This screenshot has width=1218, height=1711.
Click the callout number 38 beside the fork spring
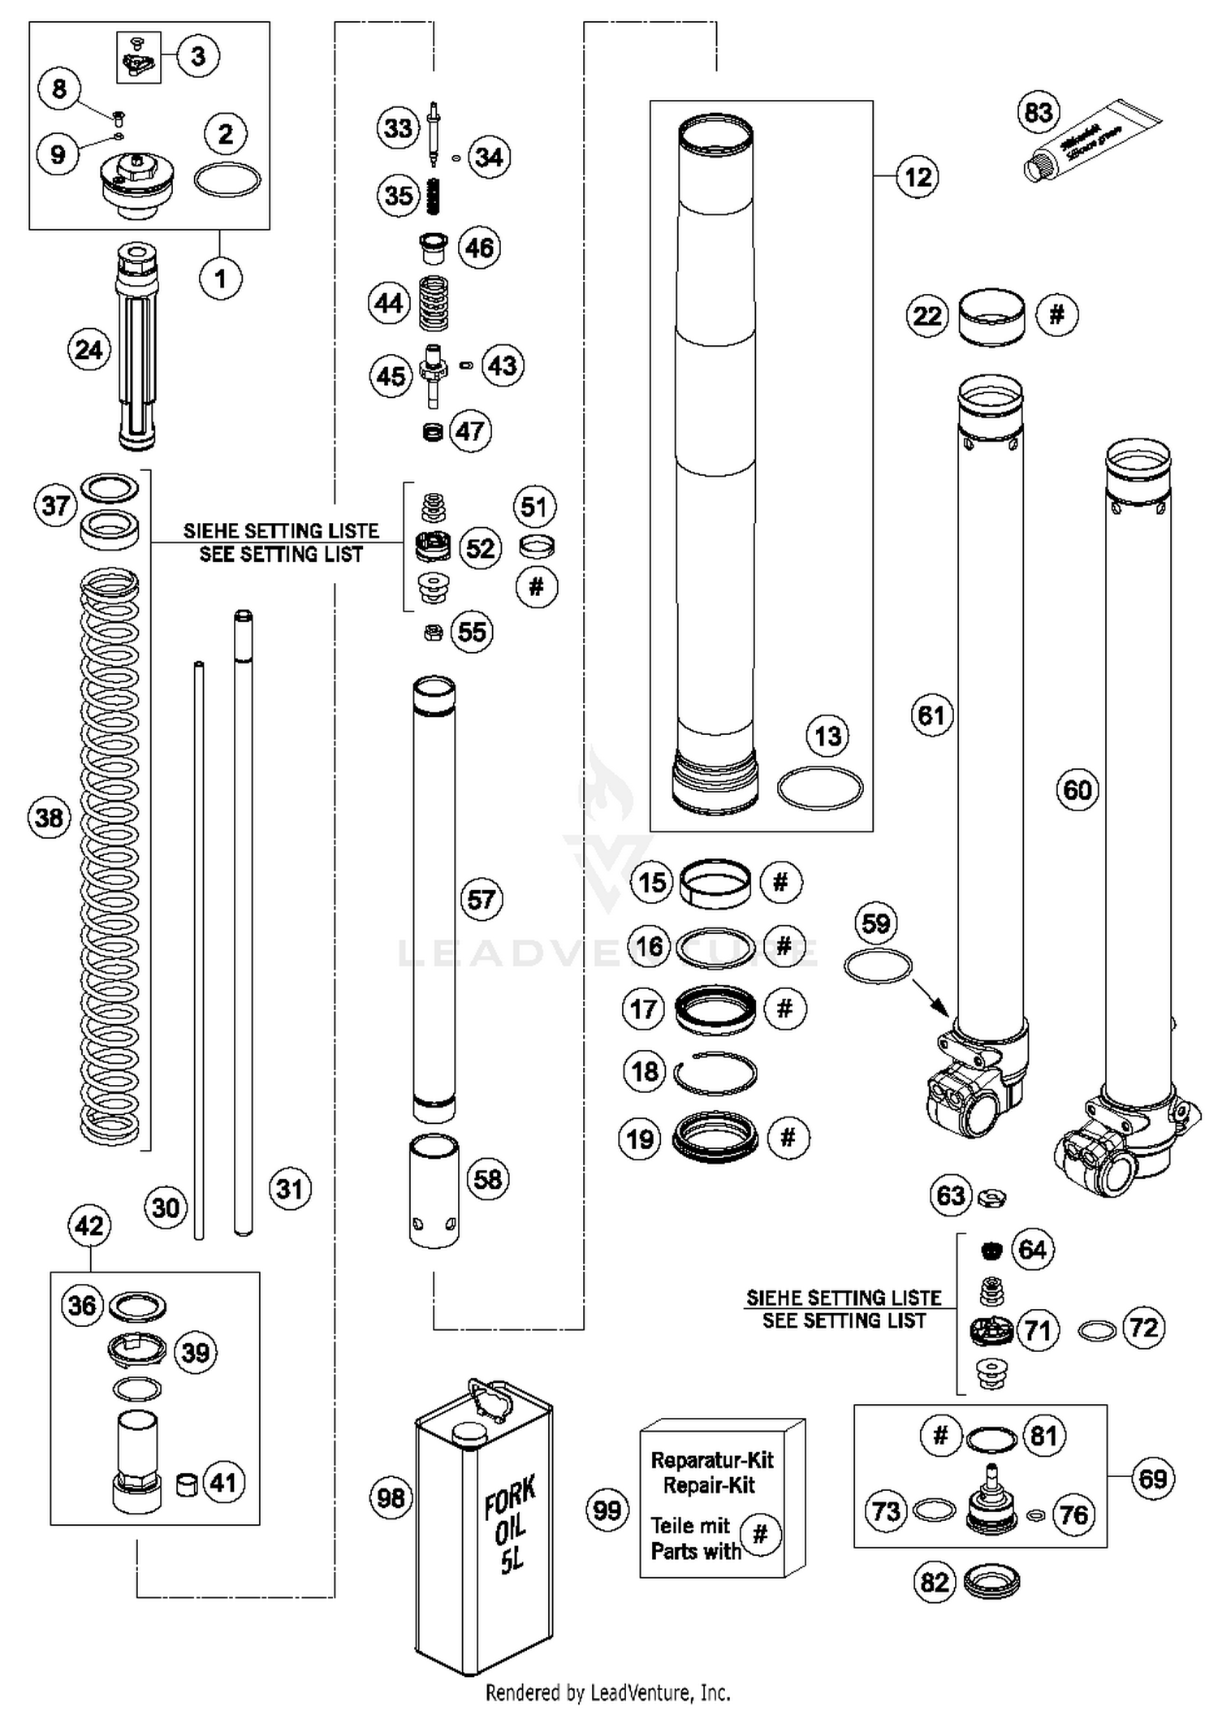(49, 817)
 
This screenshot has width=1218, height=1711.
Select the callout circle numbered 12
(918, 176)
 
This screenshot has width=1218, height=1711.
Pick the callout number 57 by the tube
(482, 899)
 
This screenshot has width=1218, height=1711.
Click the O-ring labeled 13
(820, 787)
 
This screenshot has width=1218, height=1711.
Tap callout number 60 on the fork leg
(1078, 789)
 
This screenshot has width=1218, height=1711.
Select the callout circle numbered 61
(931, 715)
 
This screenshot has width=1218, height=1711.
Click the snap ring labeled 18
(715, 1073)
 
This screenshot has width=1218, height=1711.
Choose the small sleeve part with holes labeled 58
(434, 1190)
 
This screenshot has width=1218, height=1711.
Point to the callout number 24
(89, 350)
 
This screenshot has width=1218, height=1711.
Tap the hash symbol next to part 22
(1056, 314)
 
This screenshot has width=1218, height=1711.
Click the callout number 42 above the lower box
(89, 1225)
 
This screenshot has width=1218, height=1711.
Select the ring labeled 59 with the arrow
(878, 966)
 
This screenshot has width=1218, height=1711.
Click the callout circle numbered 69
(1152, 1478)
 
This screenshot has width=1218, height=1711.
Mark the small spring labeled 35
(435, 196)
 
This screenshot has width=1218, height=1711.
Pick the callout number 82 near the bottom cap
(935, 1582)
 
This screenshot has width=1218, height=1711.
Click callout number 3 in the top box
(198, 57)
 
